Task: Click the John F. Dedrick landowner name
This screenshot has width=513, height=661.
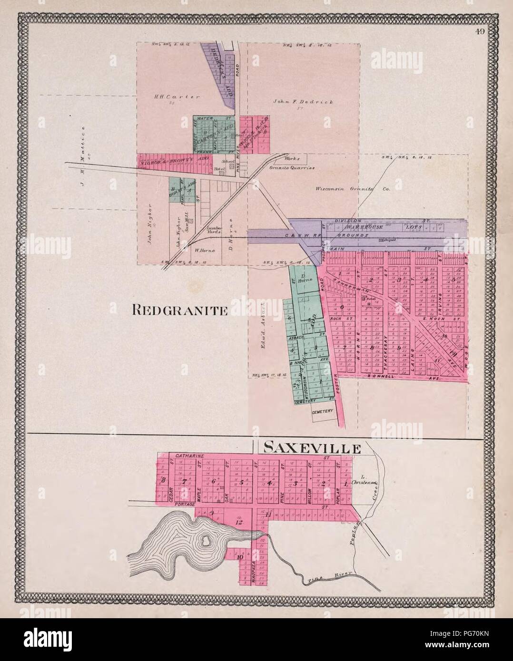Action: (x=296, y=102)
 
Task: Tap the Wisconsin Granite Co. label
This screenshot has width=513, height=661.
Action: (x=352, y=188)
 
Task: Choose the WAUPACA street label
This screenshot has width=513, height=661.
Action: (x=254, y=569)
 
